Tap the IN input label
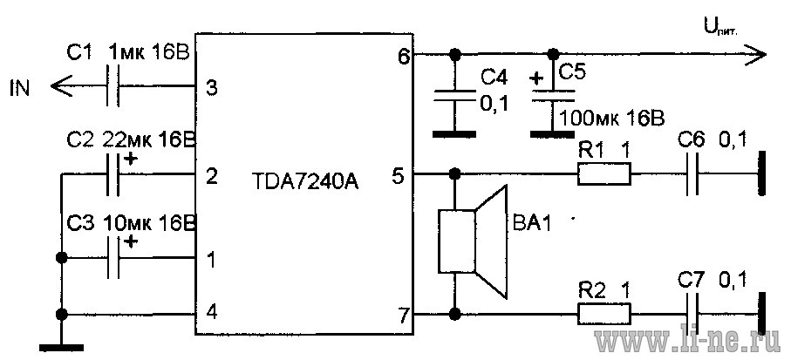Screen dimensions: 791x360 pyautogui.click(x=20, y=89)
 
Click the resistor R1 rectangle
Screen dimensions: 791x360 pyautogui.click(x=603, y=174)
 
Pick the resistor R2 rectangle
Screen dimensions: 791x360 pyautogui.click(x=603, y=316)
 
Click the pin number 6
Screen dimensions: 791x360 pyautogui.click(x=405, y=57)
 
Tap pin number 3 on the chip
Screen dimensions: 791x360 pyautogui.click(x=212, y=89)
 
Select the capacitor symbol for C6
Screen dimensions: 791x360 pyautogui.click(x=693, y=174)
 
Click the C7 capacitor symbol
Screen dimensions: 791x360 pyautogui.click(x=693, y=316)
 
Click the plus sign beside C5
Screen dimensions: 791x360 pyautogui.click(x=536, y=78)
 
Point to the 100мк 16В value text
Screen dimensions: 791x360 pyautogui.click(x=612, y=119)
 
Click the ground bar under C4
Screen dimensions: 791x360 pyautogui.click(x=454, y=134)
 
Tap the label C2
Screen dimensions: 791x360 pyautogui.click(x=79, y=141)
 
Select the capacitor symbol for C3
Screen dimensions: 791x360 pyautogui.click(x=113, y=258)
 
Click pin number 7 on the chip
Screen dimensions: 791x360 pyautogui.click(x=405, y=317)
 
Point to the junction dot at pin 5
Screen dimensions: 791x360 pyautogui.click(x=455, y=174)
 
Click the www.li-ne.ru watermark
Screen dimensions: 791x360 pyautogui.click(x=688, y=342)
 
